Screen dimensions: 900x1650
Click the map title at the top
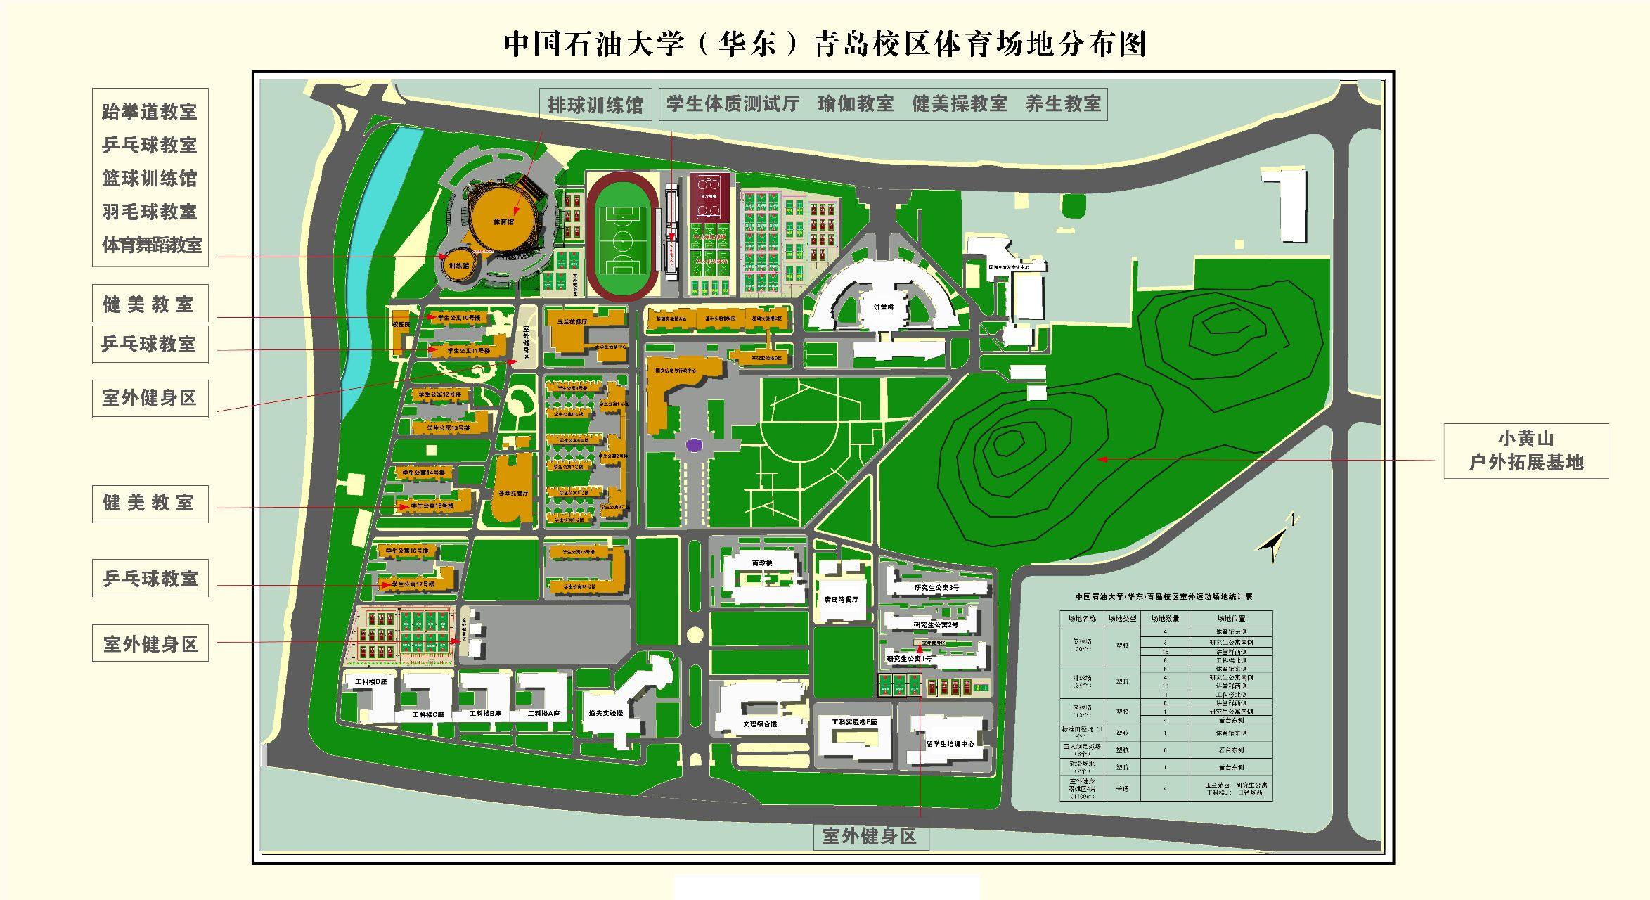tap(825, 44)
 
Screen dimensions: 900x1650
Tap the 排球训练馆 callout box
tap(595, 105)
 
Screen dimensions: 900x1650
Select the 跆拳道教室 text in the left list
tap(149, 112)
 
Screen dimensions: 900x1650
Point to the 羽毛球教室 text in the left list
tap(149, 212)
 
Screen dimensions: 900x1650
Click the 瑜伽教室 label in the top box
tap(856, 104)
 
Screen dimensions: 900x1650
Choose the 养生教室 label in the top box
tap(1062, 104)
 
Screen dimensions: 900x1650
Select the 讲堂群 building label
tap(884, 307)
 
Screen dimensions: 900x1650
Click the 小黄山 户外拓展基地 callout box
tap(1526, 451)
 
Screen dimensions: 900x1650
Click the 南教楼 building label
tap(761, 563)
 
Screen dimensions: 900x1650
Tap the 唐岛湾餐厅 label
tap(842, 600)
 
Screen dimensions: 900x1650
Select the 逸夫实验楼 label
tap(606, 713)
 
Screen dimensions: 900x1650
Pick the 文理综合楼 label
tap(760, 724)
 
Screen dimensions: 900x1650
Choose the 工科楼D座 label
tap(370, 682)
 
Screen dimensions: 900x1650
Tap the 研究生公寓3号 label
tap(936, 587)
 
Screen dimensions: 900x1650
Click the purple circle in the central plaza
tap(694, 444)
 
